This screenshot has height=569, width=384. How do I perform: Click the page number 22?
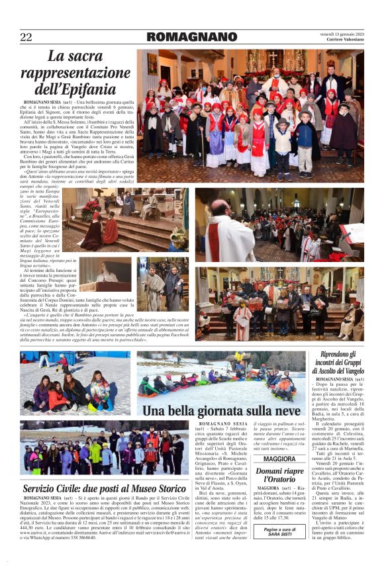click(25, 37)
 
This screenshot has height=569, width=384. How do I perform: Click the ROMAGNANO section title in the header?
click(191, 37)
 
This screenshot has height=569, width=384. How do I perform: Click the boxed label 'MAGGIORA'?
click(279, 459)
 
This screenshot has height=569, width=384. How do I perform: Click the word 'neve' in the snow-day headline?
click(287, 410)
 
